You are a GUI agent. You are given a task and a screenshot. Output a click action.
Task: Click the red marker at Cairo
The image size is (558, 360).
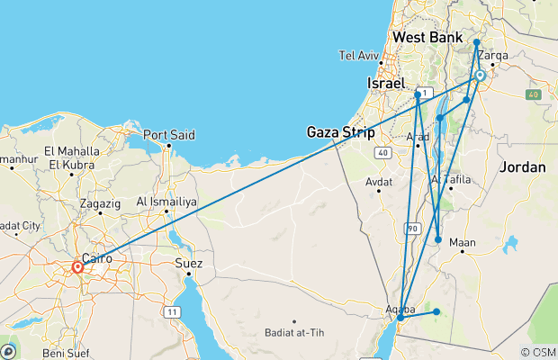point(78,266)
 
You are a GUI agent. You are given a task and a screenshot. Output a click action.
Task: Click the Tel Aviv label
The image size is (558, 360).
point(359,55)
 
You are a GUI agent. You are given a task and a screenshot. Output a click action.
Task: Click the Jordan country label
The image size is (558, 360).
point(523,167)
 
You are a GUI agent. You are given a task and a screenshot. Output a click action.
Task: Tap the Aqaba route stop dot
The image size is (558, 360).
point(400,318)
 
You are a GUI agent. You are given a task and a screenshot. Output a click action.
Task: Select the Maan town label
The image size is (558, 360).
point(462,241)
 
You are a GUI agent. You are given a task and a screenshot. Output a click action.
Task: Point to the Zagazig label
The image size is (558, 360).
point(99,203)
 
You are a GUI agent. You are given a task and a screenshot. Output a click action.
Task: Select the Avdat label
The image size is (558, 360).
point(379,182)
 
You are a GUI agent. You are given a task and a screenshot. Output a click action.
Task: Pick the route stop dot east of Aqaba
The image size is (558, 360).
point(436,312)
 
